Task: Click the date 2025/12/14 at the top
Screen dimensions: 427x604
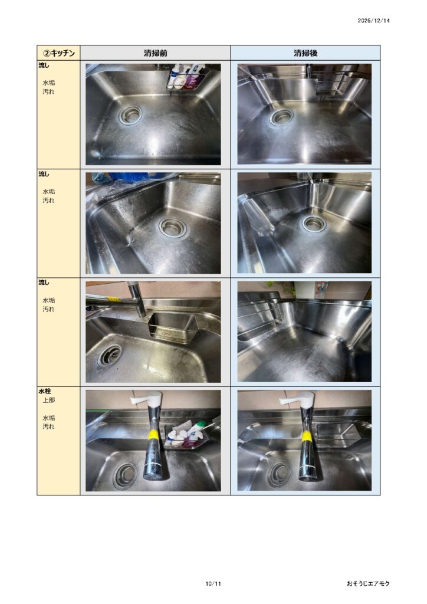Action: tap(373, 21)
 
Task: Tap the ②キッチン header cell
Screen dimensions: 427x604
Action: tap(58, 52)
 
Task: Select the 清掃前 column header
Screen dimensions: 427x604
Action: tap(155, 52)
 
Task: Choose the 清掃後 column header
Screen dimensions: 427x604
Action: tap(306, 52)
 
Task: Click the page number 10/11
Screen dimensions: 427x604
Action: tap(213, 583)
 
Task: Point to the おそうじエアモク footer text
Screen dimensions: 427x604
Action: tap(368, 583)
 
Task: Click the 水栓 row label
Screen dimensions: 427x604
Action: tap(45, 392)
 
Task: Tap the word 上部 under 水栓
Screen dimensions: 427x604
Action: tap(48, 401)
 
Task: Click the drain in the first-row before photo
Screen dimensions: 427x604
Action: tap(130, 114)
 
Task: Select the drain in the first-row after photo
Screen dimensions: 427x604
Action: tap(281, 117)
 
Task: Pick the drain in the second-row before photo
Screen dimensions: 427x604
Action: tap(173, 228)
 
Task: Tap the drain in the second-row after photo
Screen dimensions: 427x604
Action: tap(314, 223)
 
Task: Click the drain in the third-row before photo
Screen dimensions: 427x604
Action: tap(110, 355)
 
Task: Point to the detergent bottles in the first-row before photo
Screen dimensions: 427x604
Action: tap(186, 76)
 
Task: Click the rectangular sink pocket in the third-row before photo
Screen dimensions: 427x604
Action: tap(172, 327)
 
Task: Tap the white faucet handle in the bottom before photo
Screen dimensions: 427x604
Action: tap(147, 399)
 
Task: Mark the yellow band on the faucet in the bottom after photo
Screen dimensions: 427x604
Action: tap(307, 436)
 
